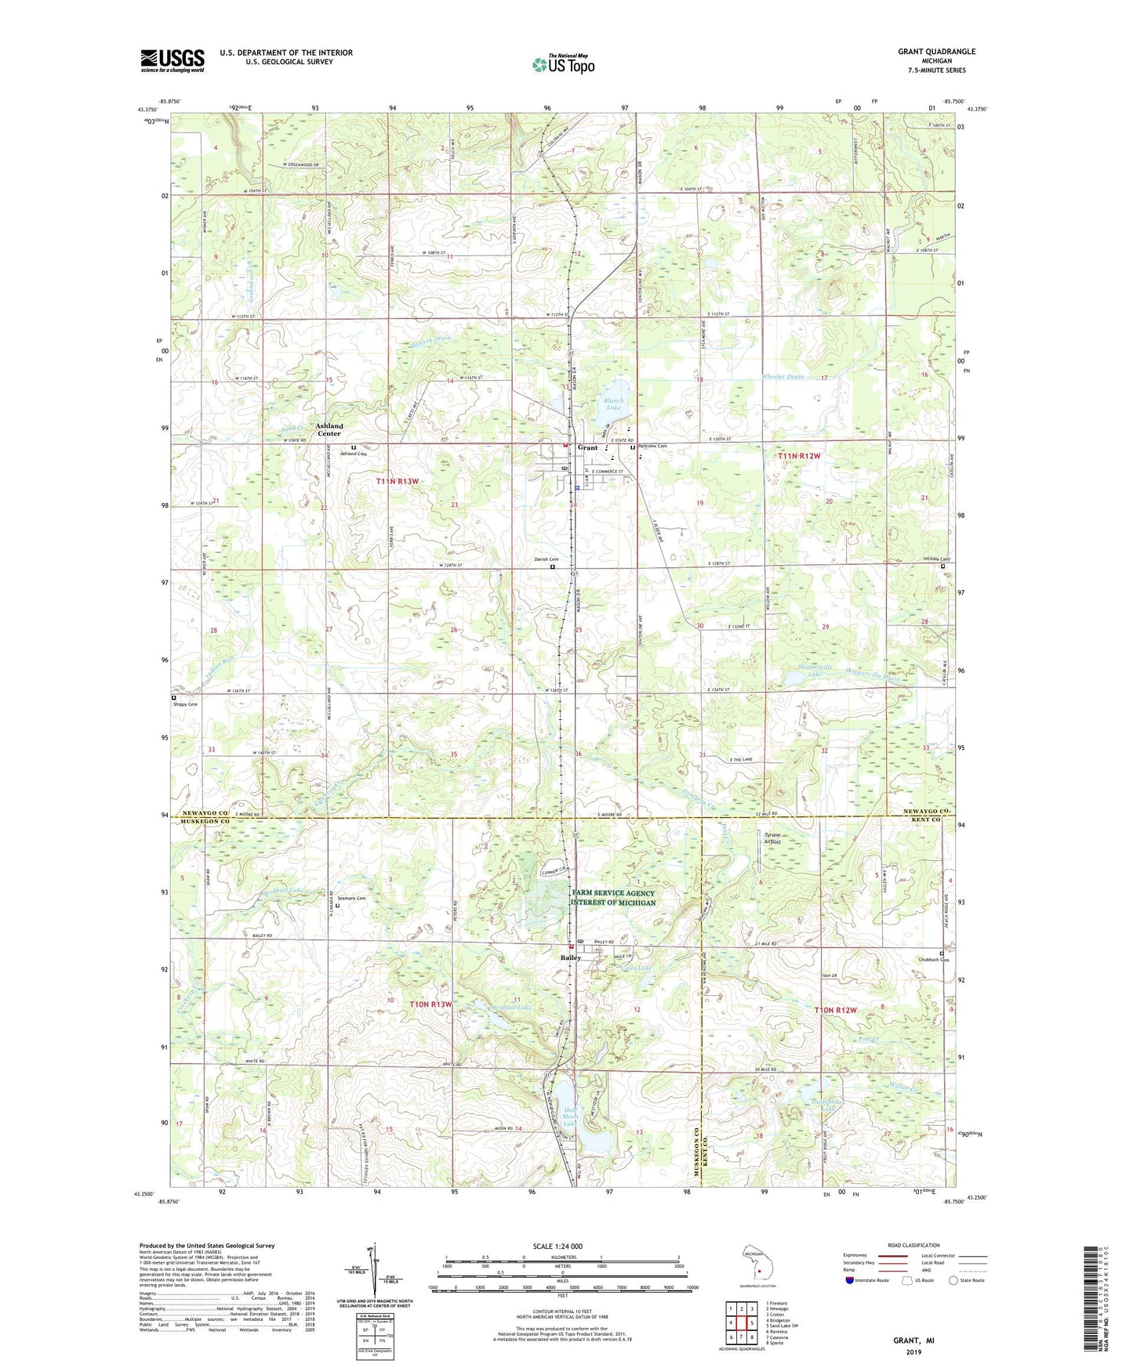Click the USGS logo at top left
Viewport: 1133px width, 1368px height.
click(172, 60)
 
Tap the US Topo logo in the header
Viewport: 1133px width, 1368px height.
click(563, 64)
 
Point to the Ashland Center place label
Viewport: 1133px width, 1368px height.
click(329, 429)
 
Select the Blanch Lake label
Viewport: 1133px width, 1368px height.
click(613, 404)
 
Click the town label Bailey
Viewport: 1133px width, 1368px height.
click(570, 958)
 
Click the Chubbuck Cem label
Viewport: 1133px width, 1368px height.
click(933, 960)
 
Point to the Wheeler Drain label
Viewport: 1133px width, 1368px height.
click(783, 377)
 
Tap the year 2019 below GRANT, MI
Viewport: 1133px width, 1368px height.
click(913, 1352)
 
